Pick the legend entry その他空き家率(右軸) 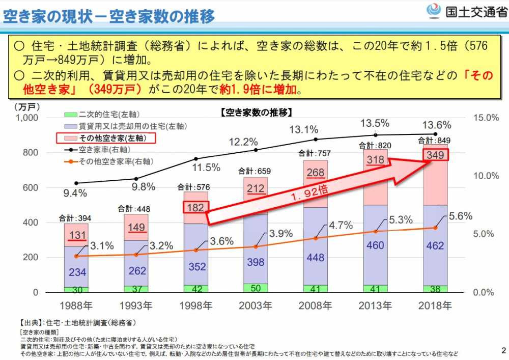pyautogui.click(x=110, y=161)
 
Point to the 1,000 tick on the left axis pyautogui.click(x=27, y=118)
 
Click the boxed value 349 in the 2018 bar pyautogui.click(x=435, y=155)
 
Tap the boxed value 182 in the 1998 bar pyautogui.click(x=195, y=207)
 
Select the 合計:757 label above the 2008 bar pyautogui.click(x=315, y=153)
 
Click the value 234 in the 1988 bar pyautogui.click(x=77, y=272)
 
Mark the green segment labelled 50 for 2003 pyautogui.click(x=256, y=288)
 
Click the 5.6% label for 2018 pyautogui.click(x=460, y=216)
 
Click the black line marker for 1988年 pyautogui.click(x=76, y=183)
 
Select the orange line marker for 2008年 pyautogui.click(x=316, y=238)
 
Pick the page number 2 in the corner pyautogui.click(x=503, y=350)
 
